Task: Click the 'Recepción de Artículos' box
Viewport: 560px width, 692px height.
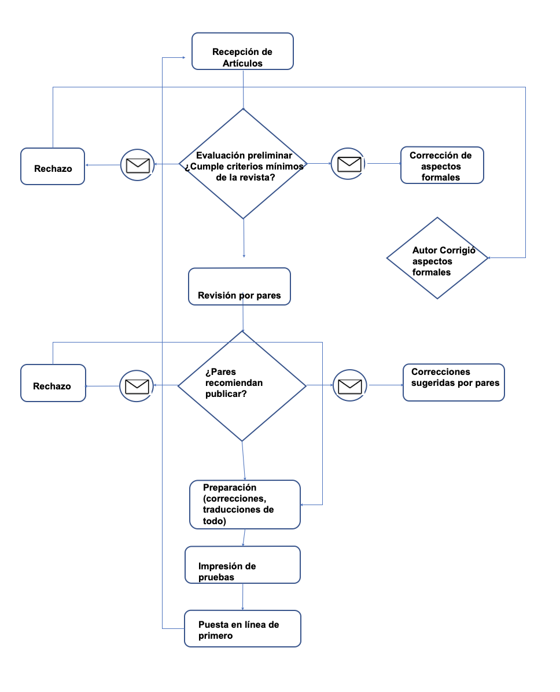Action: click(x=242, y=51)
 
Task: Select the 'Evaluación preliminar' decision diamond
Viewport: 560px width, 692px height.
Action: click(x=243, y=164)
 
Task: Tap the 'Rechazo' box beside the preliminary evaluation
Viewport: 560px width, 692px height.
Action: click(x=53, y=167)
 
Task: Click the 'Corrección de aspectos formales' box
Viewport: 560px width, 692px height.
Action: click(x=442, y=165)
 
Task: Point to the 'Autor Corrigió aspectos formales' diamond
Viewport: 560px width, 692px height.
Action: click(x=437, y=258)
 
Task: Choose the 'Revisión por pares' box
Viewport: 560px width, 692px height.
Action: click(x=239, y=286)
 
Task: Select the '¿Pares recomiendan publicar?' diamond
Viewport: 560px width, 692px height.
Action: click(x=242, y=386)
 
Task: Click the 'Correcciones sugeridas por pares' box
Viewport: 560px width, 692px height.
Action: click(x=454, y=382)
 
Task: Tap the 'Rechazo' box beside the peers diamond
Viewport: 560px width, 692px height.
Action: click(x=53, y=383)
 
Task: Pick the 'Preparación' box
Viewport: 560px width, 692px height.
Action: click(x=245, y=505)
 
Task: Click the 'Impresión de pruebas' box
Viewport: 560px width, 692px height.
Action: click(x=243, y=565)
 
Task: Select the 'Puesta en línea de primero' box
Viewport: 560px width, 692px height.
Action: click(x=243, y=629)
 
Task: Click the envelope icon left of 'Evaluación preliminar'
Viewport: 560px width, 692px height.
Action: click(x=138, y=165)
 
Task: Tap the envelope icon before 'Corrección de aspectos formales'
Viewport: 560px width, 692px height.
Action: click(x=349, y=164)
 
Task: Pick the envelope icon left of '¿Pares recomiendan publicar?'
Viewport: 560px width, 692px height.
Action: click(x=137, y=386)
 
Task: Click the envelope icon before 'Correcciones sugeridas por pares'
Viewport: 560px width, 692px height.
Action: click(x=350, y=386)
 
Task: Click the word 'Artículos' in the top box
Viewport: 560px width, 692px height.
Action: click(x=242, y=64)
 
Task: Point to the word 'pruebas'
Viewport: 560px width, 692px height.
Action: click(x=216, y=577)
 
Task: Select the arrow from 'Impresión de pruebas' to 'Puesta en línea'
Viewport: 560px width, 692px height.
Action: click(x=243, y=597)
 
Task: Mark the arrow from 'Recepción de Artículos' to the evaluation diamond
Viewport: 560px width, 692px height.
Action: click(x=243, y=89)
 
